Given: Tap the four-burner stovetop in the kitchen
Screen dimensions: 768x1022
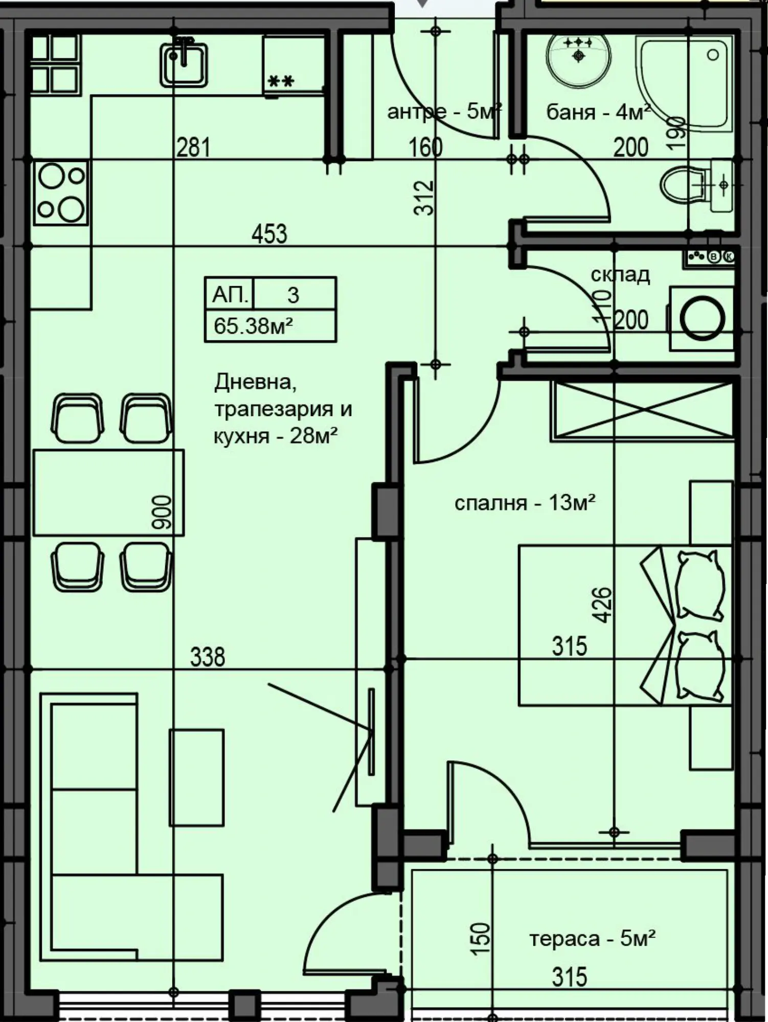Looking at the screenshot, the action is coord(61,193).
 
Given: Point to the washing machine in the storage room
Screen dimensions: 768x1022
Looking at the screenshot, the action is coord(701,319).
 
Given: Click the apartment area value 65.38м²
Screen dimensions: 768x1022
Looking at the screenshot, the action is coord(253,326).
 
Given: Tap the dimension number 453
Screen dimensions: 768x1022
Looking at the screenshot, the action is coord(269,234).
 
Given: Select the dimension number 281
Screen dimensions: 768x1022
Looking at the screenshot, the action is coord(193,147).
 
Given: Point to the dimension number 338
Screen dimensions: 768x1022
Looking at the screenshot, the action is coord(208,657).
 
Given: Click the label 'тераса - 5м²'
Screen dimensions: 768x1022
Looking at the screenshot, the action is coord(593,938).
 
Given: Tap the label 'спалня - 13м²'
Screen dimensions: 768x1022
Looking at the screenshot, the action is coord(525,503).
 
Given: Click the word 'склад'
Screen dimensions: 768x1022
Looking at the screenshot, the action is coord(620,275).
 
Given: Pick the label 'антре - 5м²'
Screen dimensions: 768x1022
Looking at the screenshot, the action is coord(444,111).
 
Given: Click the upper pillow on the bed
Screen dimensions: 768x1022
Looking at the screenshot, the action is coord(700,585).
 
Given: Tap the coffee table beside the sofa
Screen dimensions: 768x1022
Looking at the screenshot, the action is coord(197,777).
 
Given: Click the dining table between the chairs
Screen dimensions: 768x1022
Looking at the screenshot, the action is coord(108,493).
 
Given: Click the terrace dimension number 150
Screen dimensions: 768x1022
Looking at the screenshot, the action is coord(480,938).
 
